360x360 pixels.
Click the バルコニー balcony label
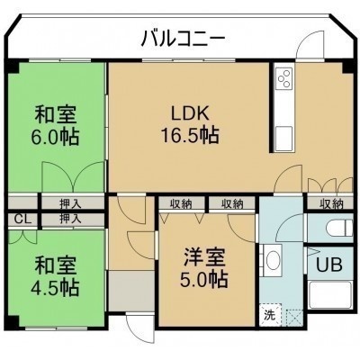(x=183, y=40)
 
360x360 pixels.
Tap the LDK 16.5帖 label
(x=190, y=125)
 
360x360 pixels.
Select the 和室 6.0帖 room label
(x=56, y=125)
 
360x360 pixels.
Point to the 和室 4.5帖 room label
(x=56, y=276)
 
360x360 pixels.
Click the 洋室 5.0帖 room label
(x=204, y=267)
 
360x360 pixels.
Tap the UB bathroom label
(x=329, y=265)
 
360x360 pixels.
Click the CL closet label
(x=22, y=220)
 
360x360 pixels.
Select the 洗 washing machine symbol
(x=270, y=315)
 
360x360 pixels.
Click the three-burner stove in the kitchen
(x=284, y=78)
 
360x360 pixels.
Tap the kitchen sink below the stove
(x=283, y=139)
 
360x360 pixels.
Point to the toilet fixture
(x=339, y=228)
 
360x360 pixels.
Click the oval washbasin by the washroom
(x=273, y=258)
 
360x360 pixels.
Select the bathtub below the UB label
(x=329, y=295)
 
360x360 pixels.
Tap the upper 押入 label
(x=70, y=204)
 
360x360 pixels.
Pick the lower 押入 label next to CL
(x=70, y=220)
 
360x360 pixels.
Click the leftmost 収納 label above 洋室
(x=182, y=204)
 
